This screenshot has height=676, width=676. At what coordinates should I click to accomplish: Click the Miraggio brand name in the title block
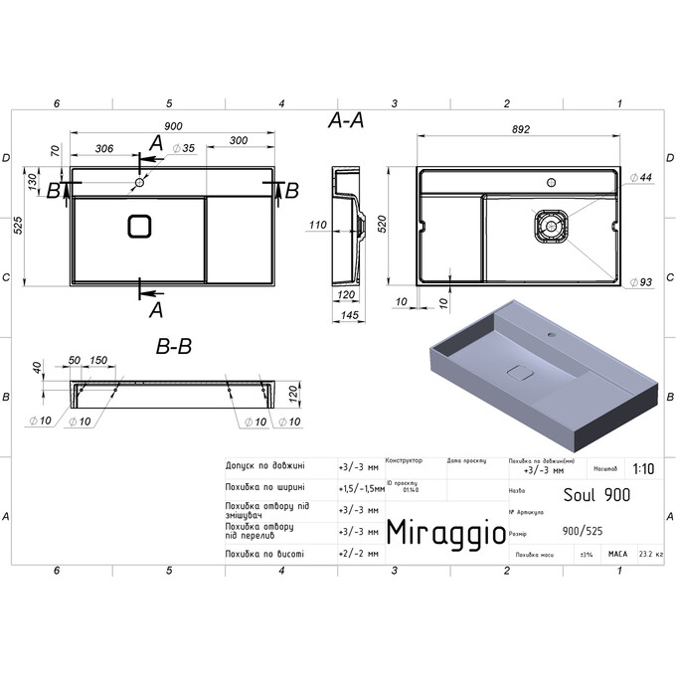pyautogui.click(x=444, y=532)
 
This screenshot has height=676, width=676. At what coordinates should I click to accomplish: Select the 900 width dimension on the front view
pyautogui.click(x=172, y=126)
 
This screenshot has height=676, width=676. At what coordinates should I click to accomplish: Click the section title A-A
pyautogui.click(x=345, y=121)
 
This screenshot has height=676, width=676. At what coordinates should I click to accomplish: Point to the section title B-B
pyautogui.click(x=173, y=347)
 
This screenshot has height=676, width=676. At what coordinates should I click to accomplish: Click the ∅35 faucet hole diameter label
pyautogui.click(x=182, y=148)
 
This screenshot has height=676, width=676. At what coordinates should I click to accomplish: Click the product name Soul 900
pyautogui.click(x=596, y=493)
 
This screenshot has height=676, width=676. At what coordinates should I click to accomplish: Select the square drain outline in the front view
pyautogui.click(x=139, y=226)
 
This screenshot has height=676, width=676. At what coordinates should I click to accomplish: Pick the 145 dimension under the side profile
pyautogui.click(x=347, y=315)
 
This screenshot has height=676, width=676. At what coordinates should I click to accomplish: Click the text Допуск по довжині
pyautogui.click(x=265, y=464)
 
